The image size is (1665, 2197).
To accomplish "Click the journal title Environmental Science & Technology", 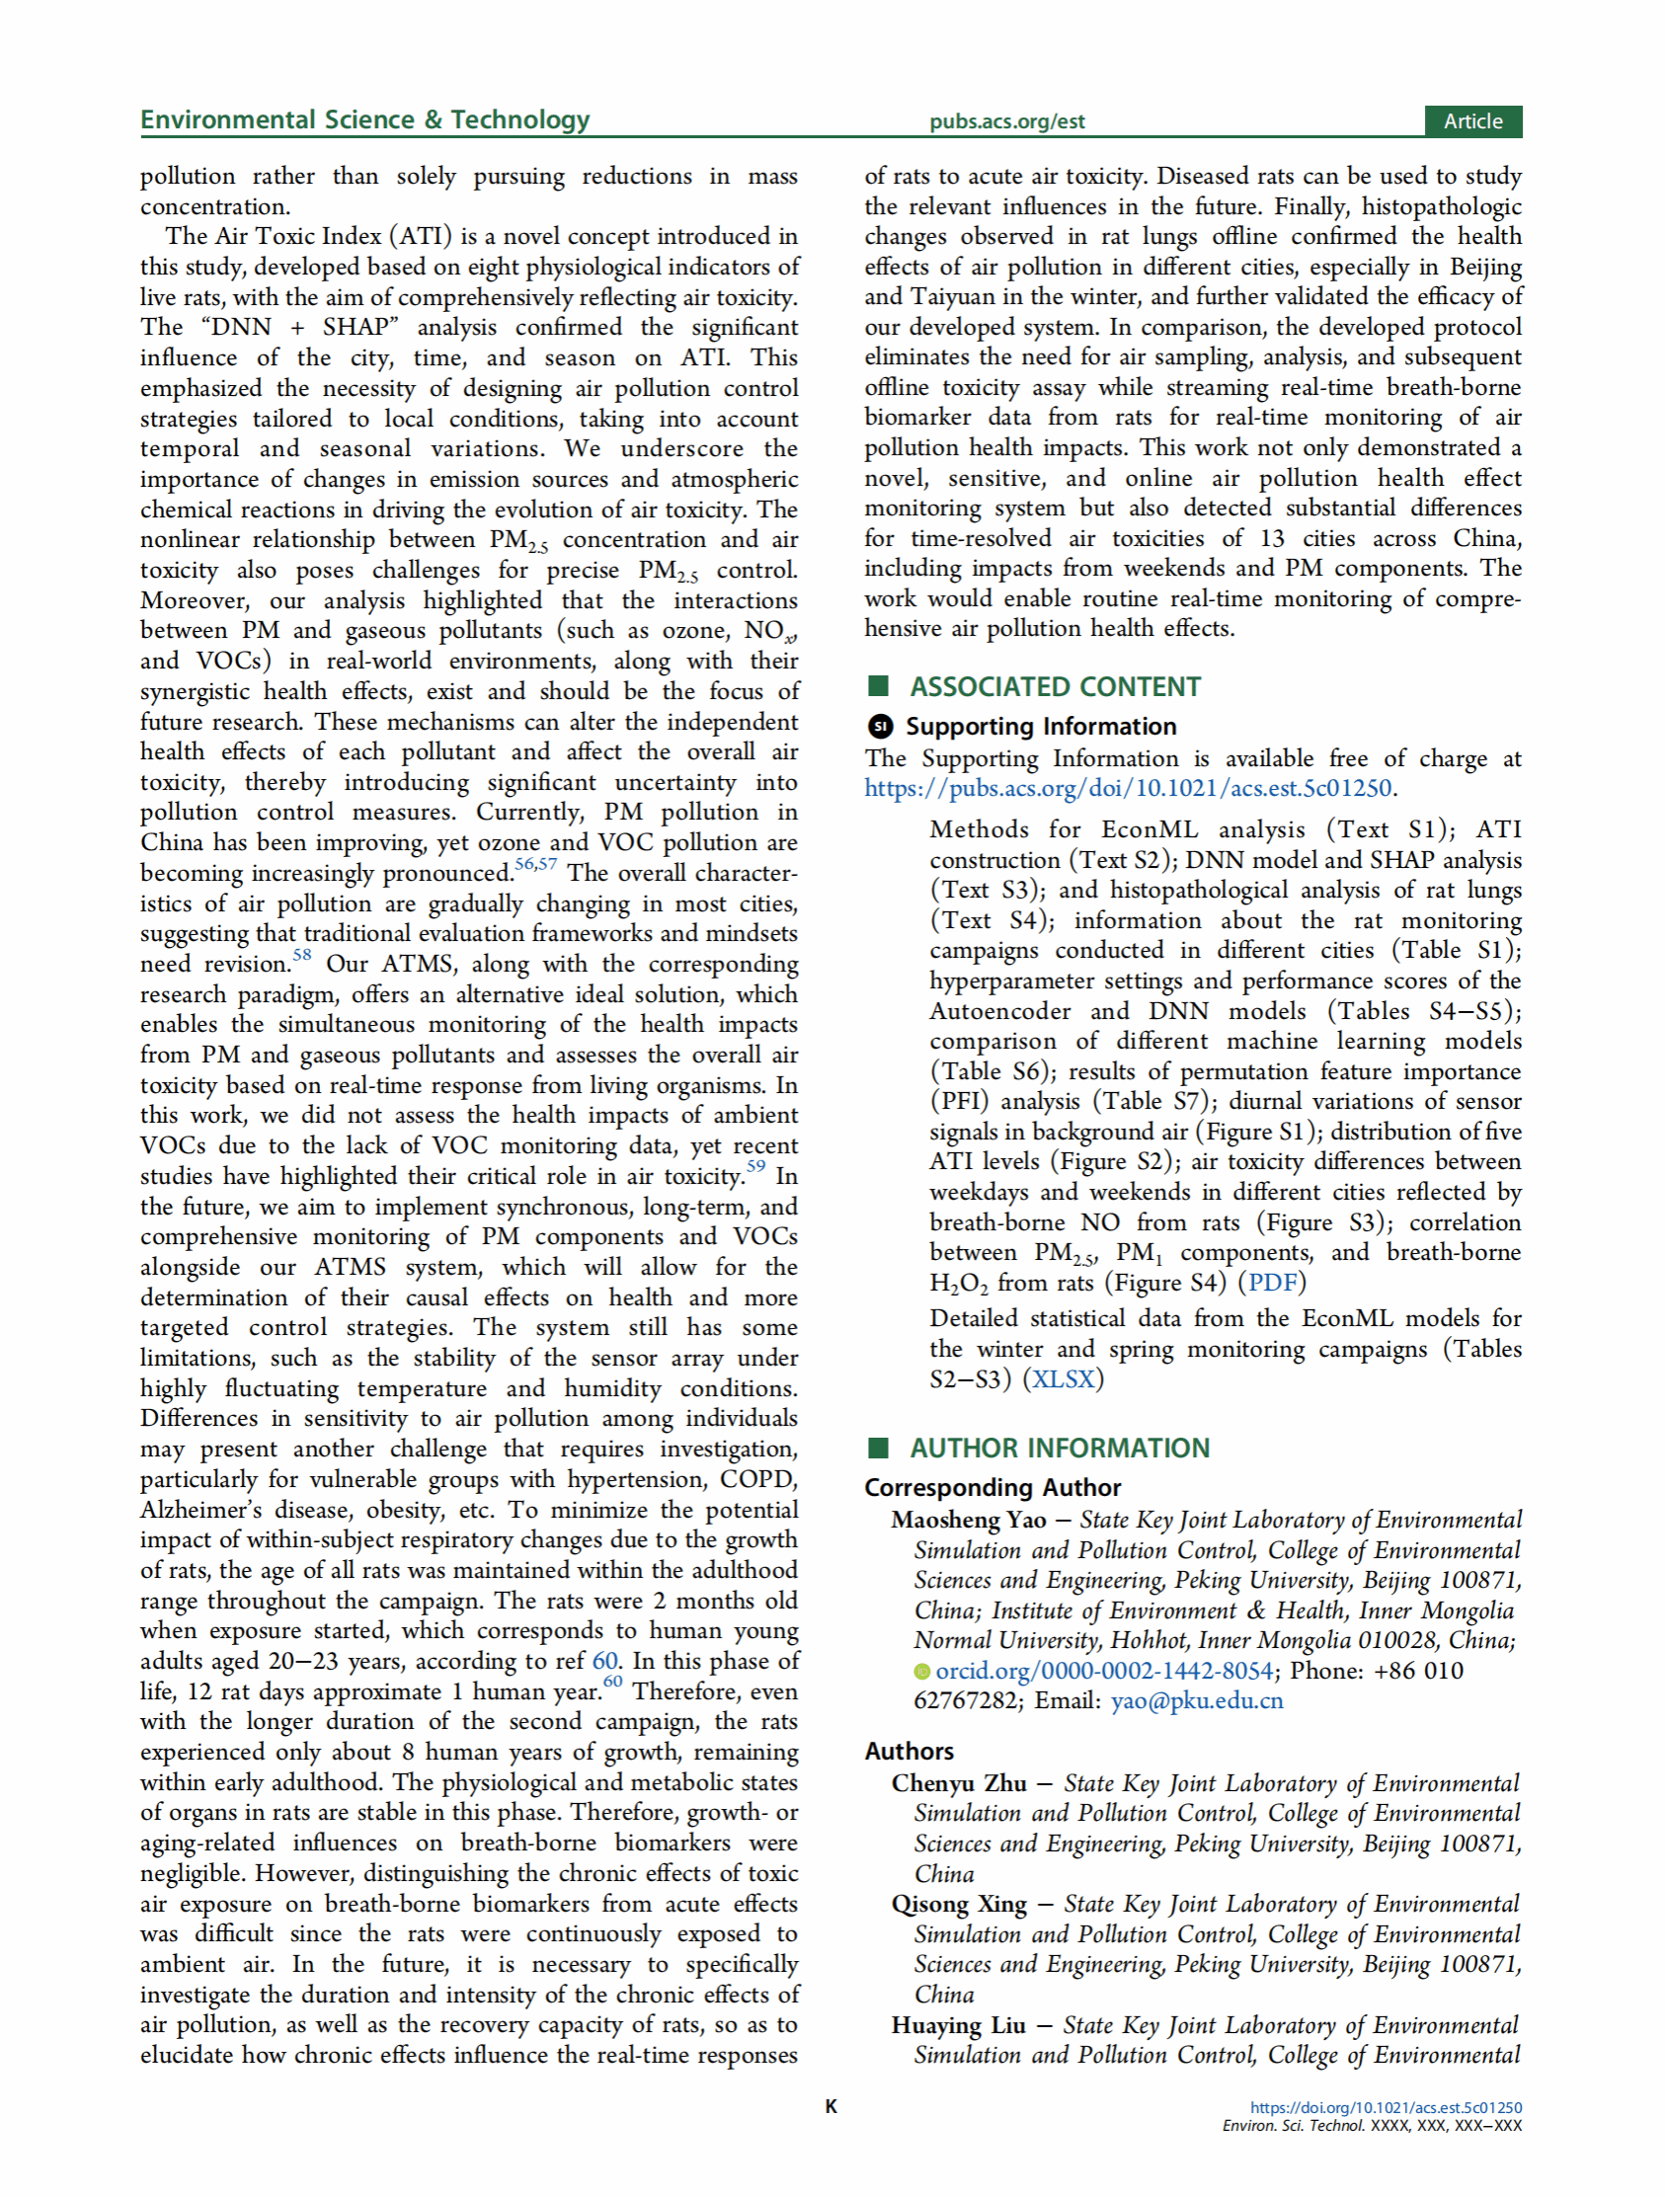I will coord(364,120).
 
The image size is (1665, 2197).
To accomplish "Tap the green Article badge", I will coord(1472,121).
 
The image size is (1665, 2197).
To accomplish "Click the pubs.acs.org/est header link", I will coord(1006,122).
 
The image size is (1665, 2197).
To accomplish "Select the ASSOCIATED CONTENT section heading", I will coord(1055,687).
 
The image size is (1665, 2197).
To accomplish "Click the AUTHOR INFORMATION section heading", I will coord(1059,1449).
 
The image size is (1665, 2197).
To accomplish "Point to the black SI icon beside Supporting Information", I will coord(880,727).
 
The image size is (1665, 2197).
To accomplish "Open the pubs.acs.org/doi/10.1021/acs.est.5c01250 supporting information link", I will coord(1128,789).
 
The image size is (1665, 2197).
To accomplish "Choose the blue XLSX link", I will coord(1063,1379).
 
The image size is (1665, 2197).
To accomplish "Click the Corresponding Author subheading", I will coord(992,1488).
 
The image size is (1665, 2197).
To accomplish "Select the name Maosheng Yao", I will coord(969,1521).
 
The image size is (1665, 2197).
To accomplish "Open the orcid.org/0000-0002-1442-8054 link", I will coord(1104,1672).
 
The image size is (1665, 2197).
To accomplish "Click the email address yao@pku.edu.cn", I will coord(1196,1701).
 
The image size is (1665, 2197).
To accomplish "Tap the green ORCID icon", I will coord(922,1673).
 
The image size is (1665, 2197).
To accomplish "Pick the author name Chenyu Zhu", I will coord(959,1784).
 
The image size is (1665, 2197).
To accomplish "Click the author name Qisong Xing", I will coord(959,1904).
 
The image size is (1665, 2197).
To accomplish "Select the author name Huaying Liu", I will coord(958,2025).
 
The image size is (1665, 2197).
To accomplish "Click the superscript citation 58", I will coord(302,956).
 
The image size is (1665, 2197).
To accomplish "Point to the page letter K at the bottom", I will coord(832,2106).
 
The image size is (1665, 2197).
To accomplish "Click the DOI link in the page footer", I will coord(1386,2107).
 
